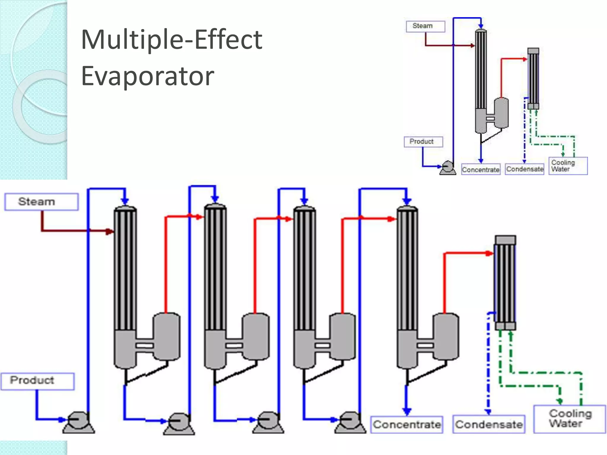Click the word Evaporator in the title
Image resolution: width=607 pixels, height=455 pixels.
click(147, 76)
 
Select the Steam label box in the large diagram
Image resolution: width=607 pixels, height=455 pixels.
click(41, 202)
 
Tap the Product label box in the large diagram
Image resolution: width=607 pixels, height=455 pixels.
click(37, 381)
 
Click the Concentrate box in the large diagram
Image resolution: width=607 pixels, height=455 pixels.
click(407, 424)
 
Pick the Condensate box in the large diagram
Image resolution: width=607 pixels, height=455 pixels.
click(489, 424)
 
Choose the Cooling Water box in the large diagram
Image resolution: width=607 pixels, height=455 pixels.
click(569, 419)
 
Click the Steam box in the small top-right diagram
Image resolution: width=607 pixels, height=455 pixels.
click(425, 26)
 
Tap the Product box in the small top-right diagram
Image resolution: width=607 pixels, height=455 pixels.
click(423, 142)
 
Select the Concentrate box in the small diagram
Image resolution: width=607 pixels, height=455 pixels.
click(481, 169)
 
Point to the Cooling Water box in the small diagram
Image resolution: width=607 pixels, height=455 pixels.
click(568, 166)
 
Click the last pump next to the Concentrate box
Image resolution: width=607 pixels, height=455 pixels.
click(350, 422)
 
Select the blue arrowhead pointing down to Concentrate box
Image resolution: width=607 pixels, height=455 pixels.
click(407, 411)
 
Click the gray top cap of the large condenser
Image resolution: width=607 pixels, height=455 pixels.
click(505, 240)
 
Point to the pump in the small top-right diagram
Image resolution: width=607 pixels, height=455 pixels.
click(448, 168)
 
